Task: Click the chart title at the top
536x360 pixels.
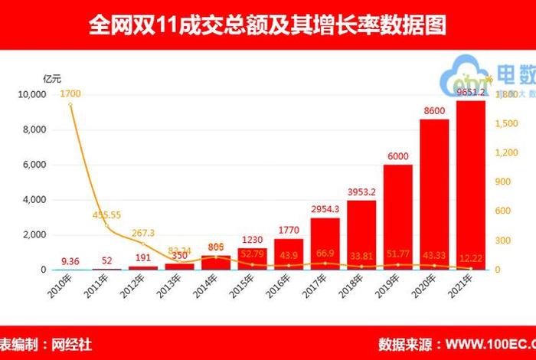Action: click(267, 25)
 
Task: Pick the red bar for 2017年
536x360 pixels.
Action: click(325, 244)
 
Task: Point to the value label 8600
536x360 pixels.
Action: click(434, 112)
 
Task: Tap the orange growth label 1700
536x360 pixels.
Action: click(70, 94)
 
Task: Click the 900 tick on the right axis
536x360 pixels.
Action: click(506, 182)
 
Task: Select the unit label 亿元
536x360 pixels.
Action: click(51, 77)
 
